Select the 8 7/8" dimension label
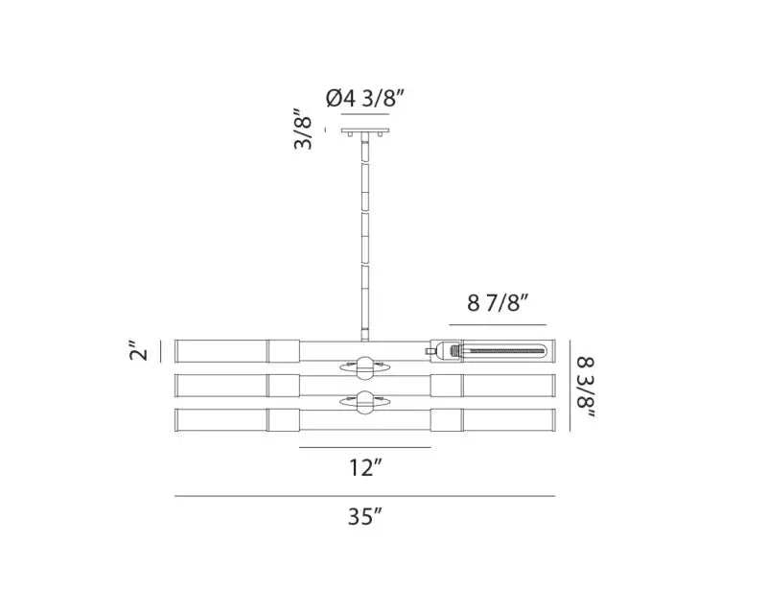(x=499, y=305)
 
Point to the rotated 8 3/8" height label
(x=588, y=389)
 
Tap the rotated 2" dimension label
(x=141, y=351)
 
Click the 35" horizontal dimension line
(x=364, y=496)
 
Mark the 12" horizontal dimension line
(x=363, y=447)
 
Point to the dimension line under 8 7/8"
(x=499, y=323)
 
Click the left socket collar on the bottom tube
(x=282, y=421)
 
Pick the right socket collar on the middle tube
(x=445, y=386)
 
